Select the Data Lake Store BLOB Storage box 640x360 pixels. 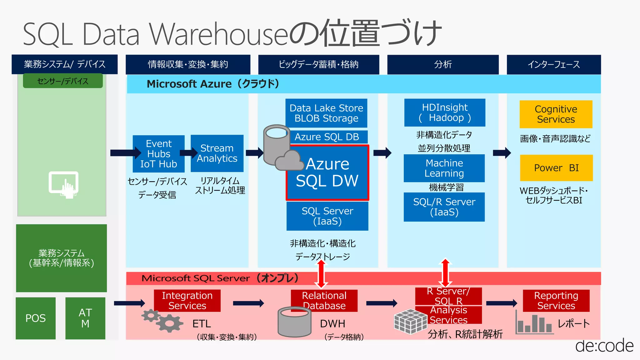pyautogui.click(x=326, y=113)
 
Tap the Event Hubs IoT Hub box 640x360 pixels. pyautogui.click(x=158, y=154)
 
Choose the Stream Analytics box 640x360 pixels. pyautogui.click(x=217, y=153)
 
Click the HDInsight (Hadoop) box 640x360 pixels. pyautogui.click(x=445, y=112)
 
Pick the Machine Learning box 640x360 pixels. pyautogui.click(x=444, y=168)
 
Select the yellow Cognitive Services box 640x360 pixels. pyautogui.click(x=556, y=114)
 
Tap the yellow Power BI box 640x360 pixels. pyautogui.click(x=556, y=168)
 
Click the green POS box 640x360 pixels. pyautogui.click(x=36, y=318)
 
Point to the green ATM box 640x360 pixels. pyautogui.click(x=85, y=318)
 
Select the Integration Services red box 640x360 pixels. pyautogui.click(x=187, y=300)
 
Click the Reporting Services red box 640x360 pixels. pyautogui.click(x=556, y=300)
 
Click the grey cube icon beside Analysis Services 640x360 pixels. pyautogui.click(x=410, y=321)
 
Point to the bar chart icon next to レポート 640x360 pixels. pyautogui.click(x=533, y=323)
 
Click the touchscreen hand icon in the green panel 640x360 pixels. pyautogui.click(x=64, y=184)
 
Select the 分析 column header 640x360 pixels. pyautogui.click(x=443, y=64)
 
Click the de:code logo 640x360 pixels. pyautogui.click(x=604, y=346)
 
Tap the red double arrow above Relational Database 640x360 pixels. pyautogui.click(x=321, y=274)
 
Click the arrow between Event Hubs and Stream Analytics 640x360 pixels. pyautogui.click(x=188, y=153)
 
